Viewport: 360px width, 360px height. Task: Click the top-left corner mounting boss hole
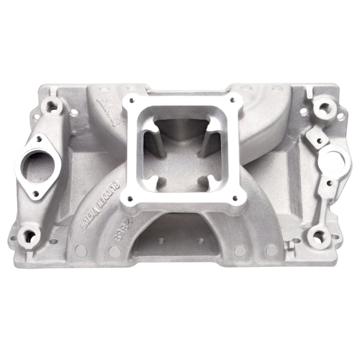[51, 106]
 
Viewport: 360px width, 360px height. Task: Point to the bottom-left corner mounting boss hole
[30, 236]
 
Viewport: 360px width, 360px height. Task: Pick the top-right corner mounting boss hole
[324, 108]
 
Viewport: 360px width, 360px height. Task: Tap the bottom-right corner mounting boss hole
[319, 237]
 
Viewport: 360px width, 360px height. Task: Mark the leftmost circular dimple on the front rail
[81, 250]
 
